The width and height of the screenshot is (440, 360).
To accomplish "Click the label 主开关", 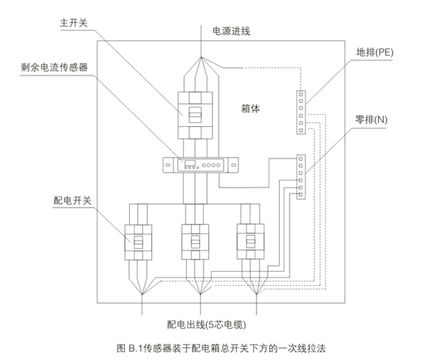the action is tap(74, 23).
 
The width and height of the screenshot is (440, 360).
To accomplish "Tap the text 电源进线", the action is tap(231, 31).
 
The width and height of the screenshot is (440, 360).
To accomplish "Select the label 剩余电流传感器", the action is tap(54, 67).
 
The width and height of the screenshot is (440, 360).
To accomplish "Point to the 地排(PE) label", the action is tap(375, 53).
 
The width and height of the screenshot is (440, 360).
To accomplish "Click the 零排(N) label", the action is tap(371, 120).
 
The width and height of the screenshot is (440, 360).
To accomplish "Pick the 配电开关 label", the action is tap(72, 200).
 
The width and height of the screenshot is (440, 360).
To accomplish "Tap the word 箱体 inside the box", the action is tap(251, 108).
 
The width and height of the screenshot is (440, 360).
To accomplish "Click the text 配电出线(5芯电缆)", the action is tap(207, 325).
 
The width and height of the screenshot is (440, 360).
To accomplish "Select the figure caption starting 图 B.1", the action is tap(221, 348).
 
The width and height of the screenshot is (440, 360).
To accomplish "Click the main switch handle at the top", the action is tap(195, 114).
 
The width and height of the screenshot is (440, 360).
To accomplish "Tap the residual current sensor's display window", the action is tap(190, 163).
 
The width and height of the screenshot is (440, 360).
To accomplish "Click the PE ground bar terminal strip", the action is tap(301, 112).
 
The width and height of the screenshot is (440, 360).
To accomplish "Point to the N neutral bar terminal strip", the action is tap(301, 177).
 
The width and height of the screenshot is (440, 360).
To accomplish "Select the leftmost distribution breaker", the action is tap(138, 242).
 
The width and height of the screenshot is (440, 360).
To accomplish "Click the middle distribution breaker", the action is tap(195, 241).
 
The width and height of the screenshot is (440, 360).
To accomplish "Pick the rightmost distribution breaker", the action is tap(251, 241).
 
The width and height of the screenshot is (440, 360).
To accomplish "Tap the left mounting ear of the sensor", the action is tap(168, 165).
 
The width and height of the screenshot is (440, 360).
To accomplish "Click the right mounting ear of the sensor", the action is tap(233, 165).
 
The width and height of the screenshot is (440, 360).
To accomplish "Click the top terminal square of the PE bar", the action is tap(301, 94).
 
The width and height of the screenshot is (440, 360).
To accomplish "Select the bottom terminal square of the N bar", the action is tap(301, 195).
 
